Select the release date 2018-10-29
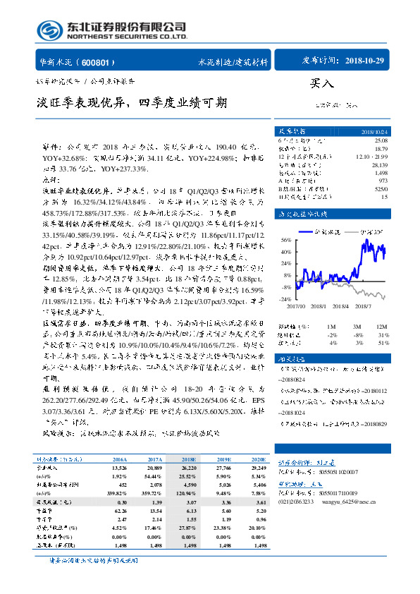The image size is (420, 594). pos(365,61)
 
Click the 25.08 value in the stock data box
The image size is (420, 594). pos(380,141)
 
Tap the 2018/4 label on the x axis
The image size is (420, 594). pos(341,305)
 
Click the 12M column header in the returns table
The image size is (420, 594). pos(382,326)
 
